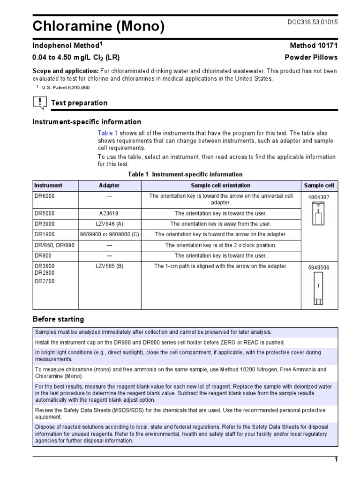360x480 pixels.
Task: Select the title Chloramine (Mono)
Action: tap(98, 27)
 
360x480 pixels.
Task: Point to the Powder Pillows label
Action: tap(311, 57)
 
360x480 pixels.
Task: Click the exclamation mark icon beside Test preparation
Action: tap(40, 103)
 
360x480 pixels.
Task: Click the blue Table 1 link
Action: tap(108, 133)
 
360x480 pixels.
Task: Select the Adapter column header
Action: tap(109, 186)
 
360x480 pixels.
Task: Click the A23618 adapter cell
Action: tap(109, 213)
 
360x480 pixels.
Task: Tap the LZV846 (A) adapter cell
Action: tap(109, 224)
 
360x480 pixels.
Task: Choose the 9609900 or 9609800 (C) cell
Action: tap(109, 234)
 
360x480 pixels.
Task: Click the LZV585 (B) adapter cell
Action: tap(109, 266)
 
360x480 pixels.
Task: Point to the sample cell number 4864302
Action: tap(319, 197)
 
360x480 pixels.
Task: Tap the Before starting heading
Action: tap(58, 319)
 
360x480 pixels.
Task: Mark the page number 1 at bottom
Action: tap(336, 460)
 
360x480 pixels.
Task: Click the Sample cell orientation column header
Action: tap(220, 186)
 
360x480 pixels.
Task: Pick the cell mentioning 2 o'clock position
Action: tap(220, 245)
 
